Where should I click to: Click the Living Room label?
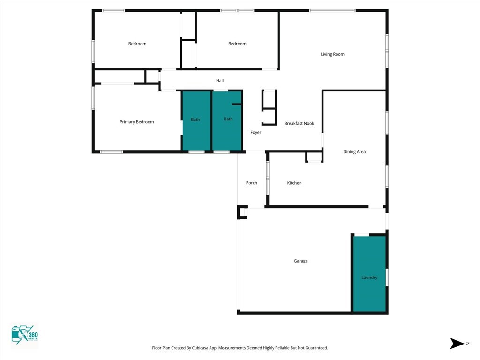[332, 54]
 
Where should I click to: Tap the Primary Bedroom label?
[136, 122]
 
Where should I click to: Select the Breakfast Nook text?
[299, 123]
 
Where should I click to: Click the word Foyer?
[255, 132]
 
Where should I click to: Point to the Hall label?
[220, 81]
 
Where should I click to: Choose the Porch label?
[252, 183]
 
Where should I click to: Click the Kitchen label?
[294, 183]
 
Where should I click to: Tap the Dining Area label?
[354, 151]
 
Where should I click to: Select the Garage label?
[300, 261]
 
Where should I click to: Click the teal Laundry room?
[369, 274]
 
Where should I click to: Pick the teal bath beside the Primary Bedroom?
[196, 121]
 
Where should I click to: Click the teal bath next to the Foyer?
[227, 121]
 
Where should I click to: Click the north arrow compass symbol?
[457, 344]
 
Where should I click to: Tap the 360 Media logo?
[24, 335]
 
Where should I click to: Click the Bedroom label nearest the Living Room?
[237, 44]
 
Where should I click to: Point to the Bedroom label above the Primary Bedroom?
[137, 44]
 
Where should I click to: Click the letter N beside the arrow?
[468, 344]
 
